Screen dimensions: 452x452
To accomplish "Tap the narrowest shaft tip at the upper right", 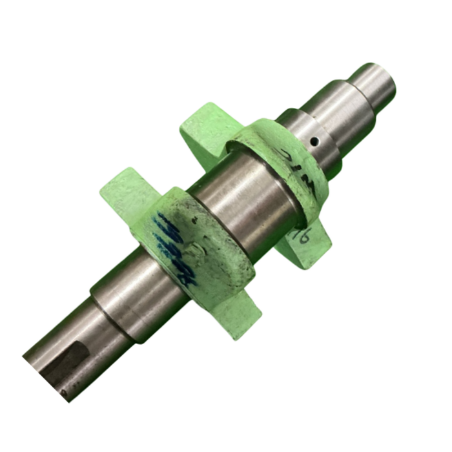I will [x=373, y=87].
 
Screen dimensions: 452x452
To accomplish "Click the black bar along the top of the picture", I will [x=226, y=18].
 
